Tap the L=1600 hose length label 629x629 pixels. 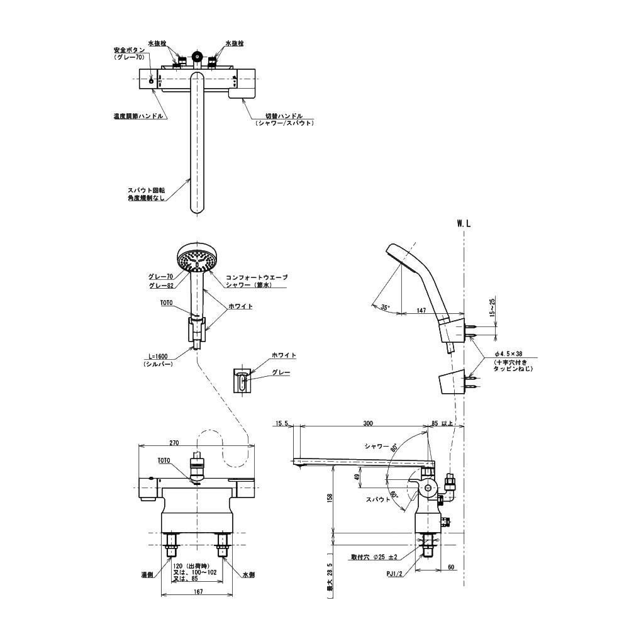[157, 356]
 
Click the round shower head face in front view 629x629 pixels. [196, 258]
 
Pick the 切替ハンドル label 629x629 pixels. [284, 116]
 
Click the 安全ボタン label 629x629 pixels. [129, 50]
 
